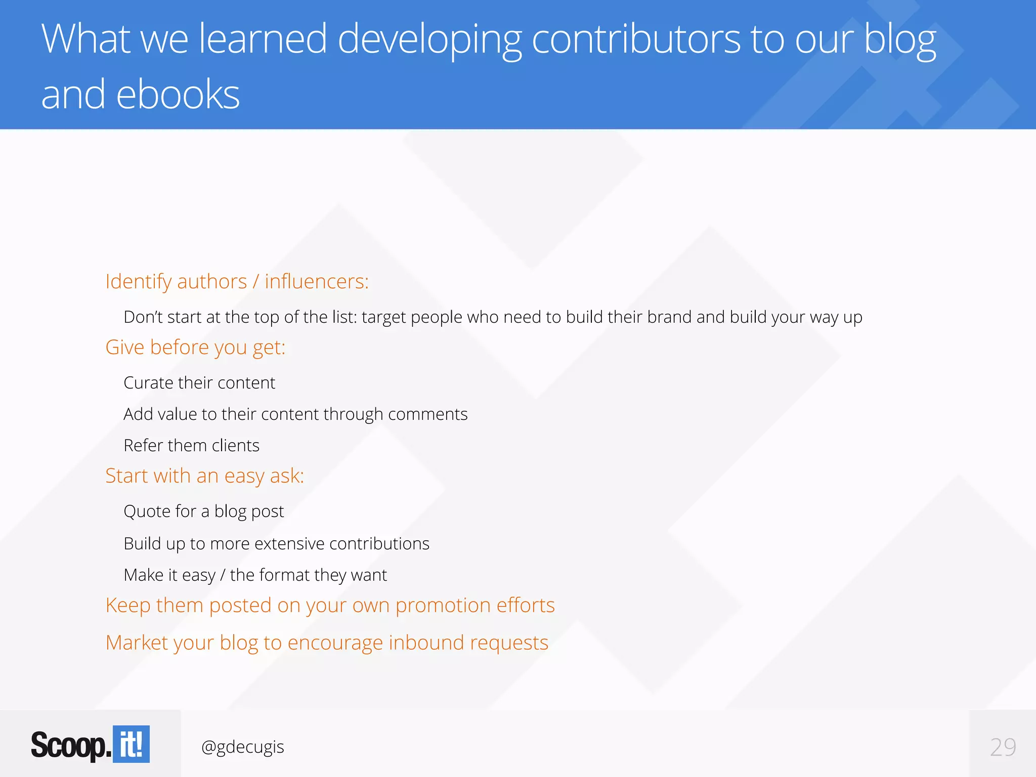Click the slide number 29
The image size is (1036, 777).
[x=1003, y=747]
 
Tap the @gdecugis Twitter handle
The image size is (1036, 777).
[x=242, y=747]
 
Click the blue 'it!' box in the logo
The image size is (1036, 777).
[x=131, y=744]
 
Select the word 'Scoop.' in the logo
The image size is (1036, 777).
[x=71, y=745]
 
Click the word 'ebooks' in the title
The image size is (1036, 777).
[x=178, y=95]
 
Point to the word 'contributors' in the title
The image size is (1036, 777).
[x=636, y=39]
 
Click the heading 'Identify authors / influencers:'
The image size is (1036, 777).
[x=237, y=281]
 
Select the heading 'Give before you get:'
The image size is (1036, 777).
[x=195, y=348]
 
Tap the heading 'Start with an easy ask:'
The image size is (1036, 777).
[x=204, y=476]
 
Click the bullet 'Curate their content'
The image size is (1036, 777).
[x=199, y=383]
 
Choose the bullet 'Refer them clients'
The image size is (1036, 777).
[x=191, y=446]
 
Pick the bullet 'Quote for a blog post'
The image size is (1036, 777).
[x=203, y=511]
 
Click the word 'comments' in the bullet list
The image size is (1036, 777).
[x=427, y=414]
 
